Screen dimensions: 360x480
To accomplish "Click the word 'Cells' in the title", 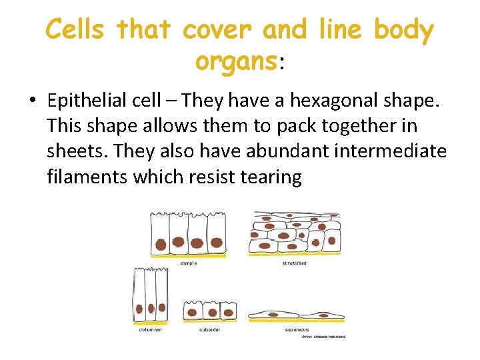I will (x=76, y=31).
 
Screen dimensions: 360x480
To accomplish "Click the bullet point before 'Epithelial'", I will (x=32, y=101).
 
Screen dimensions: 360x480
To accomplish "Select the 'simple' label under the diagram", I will (x=189, y=263).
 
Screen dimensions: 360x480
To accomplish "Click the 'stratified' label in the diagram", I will (x=294, y=263).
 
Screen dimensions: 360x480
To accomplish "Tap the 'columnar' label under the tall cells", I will (x=151, y=329).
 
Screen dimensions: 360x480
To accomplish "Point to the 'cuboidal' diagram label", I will (x=209, y=329).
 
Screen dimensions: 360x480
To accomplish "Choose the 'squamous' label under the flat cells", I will (x=297, y=329).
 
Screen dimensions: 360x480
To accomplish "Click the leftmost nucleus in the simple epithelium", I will (x=161, y=243).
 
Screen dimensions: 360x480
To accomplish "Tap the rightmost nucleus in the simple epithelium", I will (x=216, y=243).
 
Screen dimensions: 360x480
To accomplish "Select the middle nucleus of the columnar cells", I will (x=151, y=309).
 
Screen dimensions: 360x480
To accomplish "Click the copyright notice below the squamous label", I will (x=323, y=337).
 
